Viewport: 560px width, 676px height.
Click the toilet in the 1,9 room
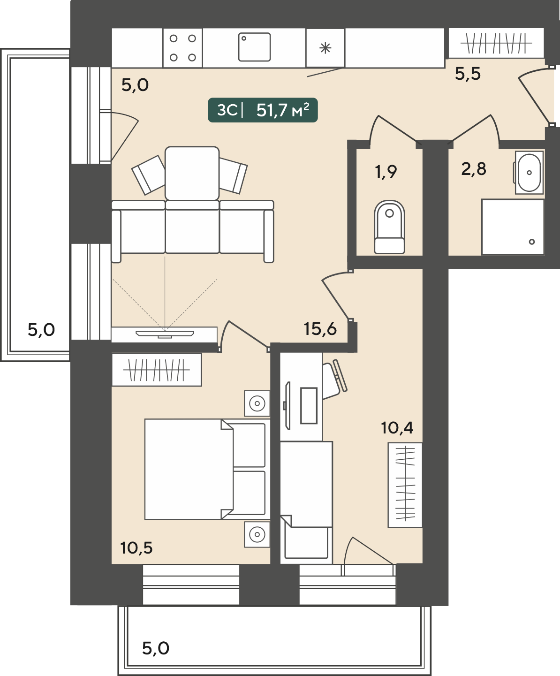[389, 227]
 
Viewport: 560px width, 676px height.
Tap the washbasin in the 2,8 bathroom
[529, 173]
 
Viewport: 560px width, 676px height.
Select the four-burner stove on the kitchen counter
[183, 48]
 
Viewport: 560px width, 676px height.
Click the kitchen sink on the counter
[254, 47]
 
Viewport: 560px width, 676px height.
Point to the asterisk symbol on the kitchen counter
[325, 48]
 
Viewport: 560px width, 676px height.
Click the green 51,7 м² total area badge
[263, 110]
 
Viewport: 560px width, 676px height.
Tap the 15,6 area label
[320, 329]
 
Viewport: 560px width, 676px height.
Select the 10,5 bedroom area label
[136, 548]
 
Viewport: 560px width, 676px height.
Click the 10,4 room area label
[397, 428]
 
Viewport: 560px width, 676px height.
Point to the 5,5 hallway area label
[468, 74]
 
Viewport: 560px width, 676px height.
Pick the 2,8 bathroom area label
[474, 169]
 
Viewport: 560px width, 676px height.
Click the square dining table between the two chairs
[192, 173]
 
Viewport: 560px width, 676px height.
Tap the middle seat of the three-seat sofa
[192, 227]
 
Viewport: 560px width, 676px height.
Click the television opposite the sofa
[165, 334]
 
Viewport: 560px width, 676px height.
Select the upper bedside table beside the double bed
[257, 403]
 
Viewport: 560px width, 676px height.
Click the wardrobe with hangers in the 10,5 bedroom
[157, 370]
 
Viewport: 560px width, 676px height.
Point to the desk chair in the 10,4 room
[334, 378]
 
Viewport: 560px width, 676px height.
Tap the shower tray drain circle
[532, 242]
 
